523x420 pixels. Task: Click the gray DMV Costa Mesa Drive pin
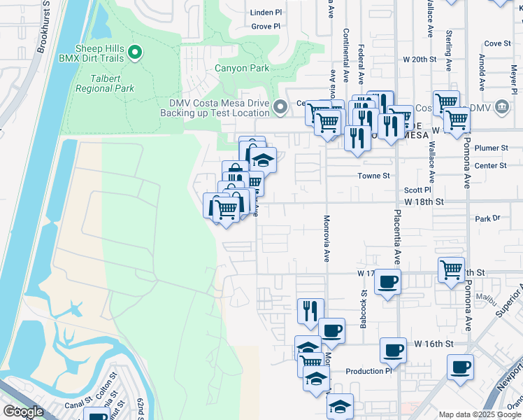280,107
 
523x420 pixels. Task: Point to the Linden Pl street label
266,13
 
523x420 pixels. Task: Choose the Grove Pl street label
266,27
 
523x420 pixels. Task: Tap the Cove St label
498,43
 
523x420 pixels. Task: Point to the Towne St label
373,176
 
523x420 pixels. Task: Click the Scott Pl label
417,190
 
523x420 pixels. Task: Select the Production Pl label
369,371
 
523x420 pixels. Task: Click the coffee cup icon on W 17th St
387,282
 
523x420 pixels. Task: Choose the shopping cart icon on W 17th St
451,269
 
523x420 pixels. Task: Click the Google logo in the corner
23,412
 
